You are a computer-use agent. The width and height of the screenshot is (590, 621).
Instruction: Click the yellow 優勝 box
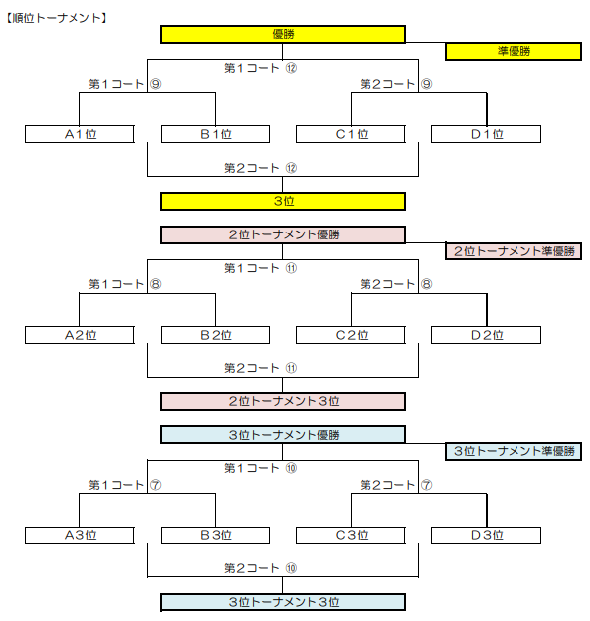click(x=283, y=34)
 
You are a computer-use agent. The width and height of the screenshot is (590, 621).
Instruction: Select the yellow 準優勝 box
click(x=514, y=51)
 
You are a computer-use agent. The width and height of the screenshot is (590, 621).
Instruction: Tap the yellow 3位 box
click(x=283, y=201)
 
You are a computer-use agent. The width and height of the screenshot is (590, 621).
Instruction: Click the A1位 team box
click(x=79, y=134)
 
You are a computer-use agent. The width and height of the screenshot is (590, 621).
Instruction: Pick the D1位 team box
click(x=486, y=134)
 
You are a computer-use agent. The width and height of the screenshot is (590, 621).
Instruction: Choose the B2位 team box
click(x=216, y=335)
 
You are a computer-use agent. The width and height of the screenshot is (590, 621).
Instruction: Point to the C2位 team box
click(x=351, y=335)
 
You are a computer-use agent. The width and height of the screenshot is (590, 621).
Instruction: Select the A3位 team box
click(x=79, y=536)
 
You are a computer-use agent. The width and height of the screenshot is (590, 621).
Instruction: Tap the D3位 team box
click(x=486, y=536)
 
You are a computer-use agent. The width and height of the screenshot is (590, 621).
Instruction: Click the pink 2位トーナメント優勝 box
click(x=283, y=234)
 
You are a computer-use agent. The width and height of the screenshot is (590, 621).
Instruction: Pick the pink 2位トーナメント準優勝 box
click(x=514, y=251)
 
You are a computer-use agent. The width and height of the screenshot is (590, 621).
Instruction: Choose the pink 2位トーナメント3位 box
click(x=283, y=401)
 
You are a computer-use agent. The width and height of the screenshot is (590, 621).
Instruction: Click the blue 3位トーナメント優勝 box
click(x=283, y=435)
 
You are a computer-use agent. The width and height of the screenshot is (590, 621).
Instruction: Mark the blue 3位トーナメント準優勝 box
click(x=514, y=451)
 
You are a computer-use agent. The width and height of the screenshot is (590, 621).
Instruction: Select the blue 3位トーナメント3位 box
click(x=283, y=602)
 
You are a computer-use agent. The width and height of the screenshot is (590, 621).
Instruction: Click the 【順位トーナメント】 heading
click(x=57, y=18)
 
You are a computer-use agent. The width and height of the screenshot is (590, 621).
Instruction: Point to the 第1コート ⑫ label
click(x=260, y=68)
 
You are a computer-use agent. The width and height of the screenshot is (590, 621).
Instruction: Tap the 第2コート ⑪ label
click(x=260, y=368)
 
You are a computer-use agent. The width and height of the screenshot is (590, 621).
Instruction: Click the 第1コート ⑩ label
click(x=260, y=468)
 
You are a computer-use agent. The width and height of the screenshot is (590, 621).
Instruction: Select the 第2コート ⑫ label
click(x=260, y=168)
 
